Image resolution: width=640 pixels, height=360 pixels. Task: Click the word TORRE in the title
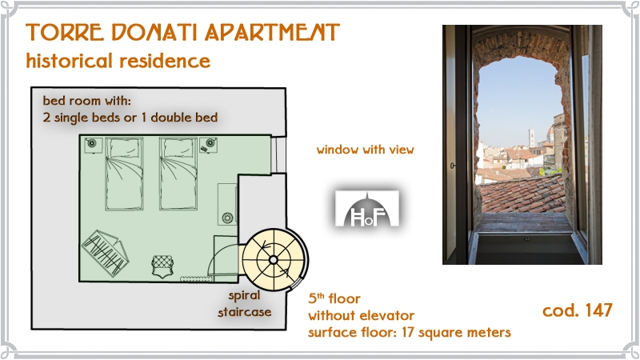[x=65, y=32]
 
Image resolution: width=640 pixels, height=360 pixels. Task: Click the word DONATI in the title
[x=154, y=32]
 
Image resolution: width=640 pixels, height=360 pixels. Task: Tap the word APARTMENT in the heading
[x=272, y=32]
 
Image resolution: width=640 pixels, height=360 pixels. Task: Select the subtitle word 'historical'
[x=69, y=61]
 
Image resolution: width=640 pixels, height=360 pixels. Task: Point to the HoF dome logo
[x=367, y=209]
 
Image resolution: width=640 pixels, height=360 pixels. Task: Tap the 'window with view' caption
[x=366, y=150]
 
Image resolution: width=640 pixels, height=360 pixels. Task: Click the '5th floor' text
[x=334, y=298]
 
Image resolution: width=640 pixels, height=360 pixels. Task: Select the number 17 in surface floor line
[x=408, y=332]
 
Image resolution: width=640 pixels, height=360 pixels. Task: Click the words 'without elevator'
[x=361, y=315]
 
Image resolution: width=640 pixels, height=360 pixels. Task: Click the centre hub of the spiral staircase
[x=274, y=260]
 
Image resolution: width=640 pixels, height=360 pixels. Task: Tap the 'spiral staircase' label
[x=245, y=304]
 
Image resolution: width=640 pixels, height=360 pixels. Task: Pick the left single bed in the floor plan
[x=124, y=174]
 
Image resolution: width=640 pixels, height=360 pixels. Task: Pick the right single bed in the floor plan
[x=178, y=174]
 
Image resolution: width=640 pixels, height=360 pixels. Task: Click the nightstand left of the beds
[x=93, y=145]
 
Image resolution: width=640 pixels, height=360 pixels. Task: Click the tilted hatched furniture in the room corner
[x=106, y=253]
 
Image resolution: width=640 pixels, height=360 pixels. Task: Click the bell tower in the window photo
[x=531, y=138]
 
